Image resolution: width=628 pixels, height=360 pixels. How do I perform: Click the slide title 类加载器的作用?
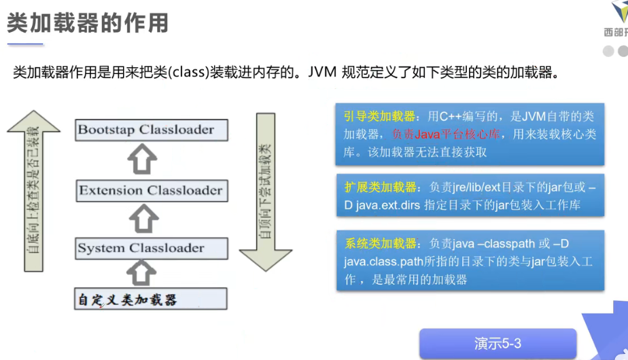(x=88, y=24)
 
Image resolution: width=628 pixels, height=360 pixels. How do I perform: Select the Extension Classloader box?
(x=150, y=191)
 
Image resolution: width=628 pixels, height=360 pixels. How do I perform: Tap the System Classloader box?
(x=150, y=249)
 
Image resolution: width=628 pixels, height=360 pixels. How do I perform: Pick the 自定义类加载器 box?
(x=150, y=299)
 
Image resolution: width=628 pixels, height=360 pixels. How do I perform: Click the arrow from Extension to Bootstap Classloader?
(x=143, y=160)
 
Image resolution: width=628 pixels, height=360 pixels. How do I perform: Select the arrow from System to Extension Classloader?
(x=143, y=219)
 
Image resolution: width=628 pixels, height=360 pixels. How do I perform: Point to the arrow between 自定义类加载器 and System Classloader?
(x=143, y=272)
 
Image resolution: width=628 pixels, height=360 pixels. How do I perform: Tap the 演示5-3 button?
(x=498, y=344)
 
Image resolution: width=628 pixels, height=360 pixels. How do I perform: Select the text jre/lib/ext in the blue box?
(x=481, y=187)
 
